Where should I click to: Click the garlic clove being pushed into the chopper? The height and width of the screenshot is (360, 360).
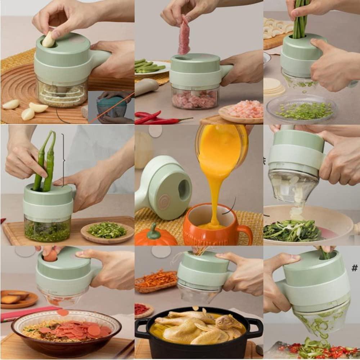[x=49, y=40]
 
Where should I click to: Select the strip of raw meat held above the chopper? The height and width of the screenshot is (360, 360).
[x=184, y=36]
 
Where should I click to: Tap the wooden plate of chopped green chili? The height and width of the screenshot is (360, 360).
[x=107, y=231]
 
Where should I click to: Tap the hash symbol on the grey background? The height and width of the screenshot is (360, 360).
[x=355, y=267]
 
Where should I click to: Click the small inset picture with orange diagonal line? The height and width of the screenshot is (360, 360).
[x=111, y=107]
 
